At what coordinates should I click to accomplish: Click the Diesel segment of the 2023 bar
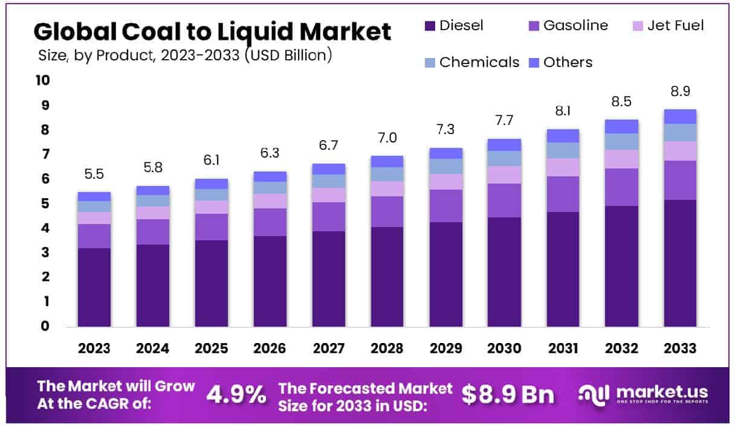pos(94,287)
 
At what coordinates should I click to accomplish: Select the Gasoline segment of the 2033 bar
pos(680,180)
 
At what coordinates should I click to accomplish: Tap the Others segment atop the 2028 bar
pos(387,161)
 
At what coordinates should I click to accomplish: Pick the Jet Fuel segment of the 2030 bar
pos(504,175)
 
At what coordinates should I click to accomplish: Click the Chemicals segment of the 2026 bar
pos(270,188)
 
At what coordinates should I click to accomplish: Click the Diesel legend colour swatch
pos(430,26)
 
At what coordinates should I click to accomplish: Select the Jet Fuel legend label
pos(675,26)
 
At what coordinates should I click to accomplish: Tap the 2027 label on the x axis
pos(328,348)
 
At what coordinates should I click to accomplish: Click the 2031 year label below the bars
pos(563,348)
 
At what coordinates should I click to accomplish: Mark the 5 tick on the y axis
pos(45,204)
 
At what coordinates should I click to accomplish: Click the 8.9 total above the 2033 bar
pos(680,92)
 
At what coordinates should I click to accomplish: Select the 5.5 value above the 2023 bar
pos(94,175)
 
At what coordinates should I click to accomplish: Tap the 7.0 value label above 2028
pos(387,138)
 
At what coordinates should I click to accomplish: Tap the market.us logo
pos(643,394)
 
